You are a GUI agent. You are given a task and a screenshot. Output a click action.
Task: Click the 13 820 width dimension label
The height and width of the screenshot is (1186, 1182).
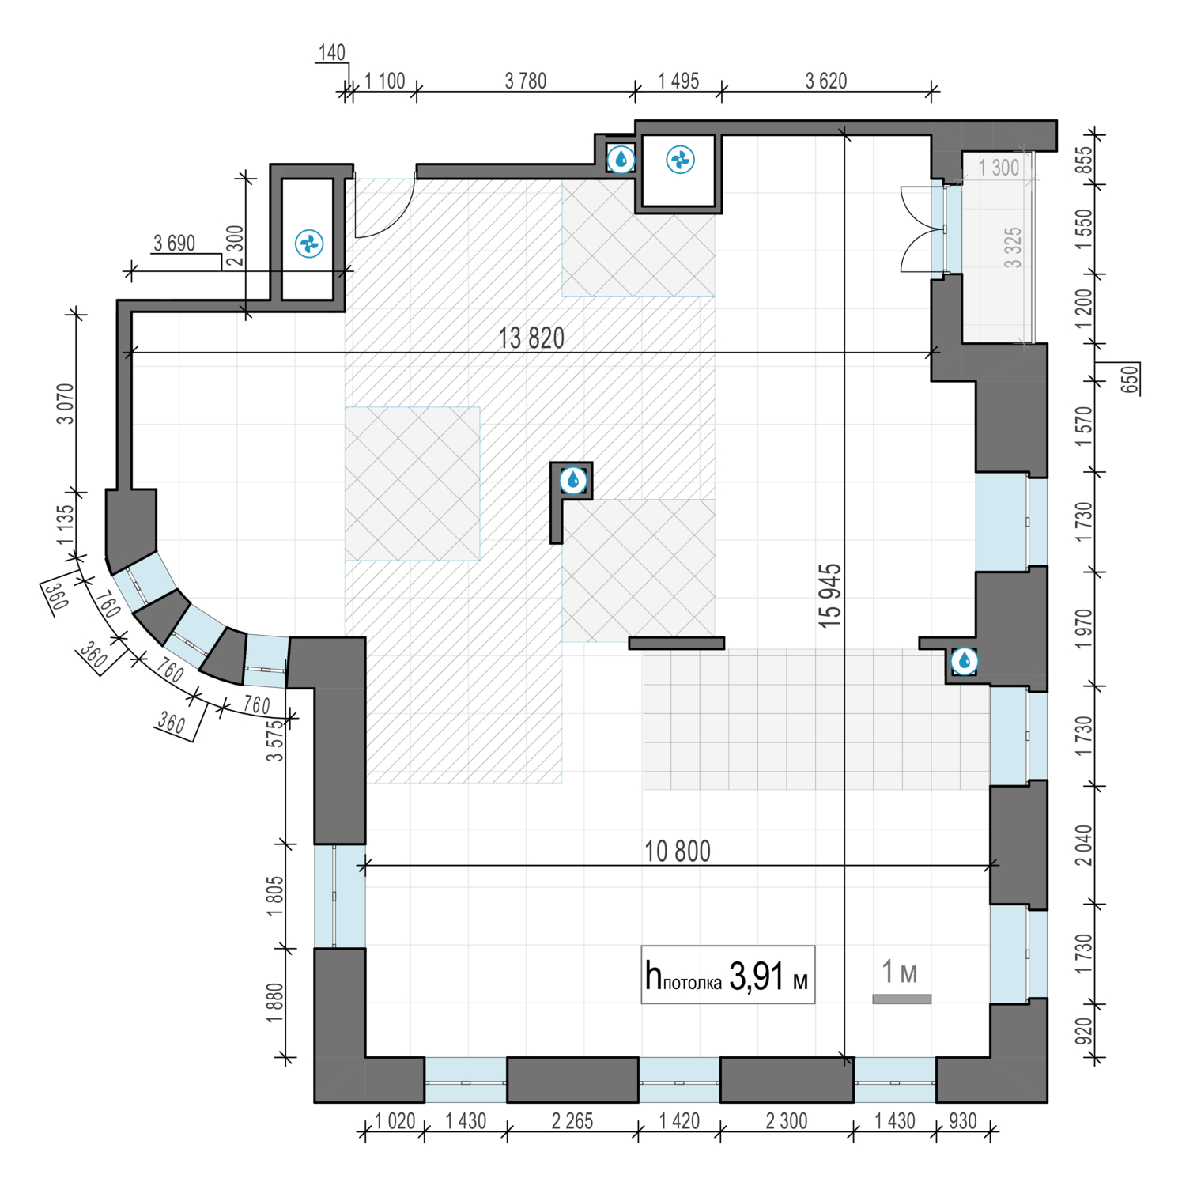tap(531, 338)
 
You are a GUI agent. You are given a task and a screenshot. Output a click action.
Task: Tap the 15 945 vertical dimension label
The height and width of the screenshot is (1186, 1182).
tap(830, 596)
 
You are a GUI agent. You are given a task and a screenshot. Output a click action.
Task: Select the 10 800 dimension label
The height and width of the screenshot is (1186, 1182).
tap(678, 852)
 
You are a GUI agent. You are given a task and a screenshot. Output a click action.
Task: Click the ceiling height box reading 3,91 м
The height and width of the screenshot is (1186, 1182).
tap(727, 975)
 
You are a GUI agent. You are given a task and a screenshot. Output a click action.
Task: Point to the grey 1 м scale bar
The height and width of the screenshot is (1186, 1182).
tap(901, 999)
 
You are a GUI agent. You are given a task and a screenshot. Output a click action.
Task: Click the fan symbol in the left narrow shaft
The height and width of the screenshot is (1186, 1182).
tap(308, 244)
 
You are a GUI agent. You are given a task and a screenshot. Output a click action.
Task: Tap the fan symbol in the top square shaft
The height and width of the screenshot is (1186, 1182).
tap(680, 160)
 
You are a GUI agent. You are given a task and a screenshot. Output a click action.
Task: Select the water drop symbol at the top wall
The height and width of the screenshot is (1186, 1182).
tap(621, 160)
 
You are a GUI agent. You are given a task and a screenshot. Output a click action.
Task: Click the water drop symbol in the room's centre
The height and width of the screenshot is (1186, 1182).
tap(573, 480)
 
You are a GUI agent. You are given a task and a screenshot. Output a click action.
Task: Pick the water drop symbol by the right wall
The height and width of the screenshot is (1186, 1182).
tap(964, 661)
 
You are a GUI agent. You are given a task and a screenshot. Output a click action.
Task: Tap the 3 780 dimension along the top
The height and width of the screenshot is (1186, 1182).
tap(526, 81)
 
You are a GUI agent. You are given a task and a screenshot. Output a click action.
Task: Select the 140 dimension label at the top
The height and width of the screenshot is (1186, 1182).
tap(332, 52)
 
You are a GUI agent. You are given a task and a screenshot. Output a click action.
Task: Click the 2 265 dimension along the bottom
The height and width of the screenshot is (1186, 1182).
tap(572, 1121)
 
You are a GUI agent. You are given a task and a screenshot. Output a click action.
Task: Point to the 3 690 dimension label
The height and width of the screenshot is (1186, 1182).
tap(174, 243)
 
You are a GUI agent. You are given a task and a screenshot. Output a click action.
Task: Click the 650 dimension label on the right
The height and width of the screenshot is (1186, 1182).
tap(1131, 379)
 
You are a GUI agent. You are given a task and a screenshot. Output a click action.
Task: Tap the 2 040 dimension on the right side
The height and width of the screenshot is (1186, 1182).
tap(1084, 845)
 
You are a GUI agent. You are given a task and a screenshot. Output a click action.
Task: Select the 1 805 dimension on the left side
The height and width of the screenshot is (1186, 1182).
tap(274, 896)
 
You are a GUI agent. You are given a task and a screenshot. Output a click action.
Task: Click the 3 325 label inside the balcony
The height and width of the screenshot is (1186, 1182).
tap(1013, 247)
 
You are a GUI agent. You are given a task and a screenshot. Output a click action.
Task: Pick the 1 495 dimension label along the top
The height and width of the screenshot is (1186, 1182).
tap(678, 81)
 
